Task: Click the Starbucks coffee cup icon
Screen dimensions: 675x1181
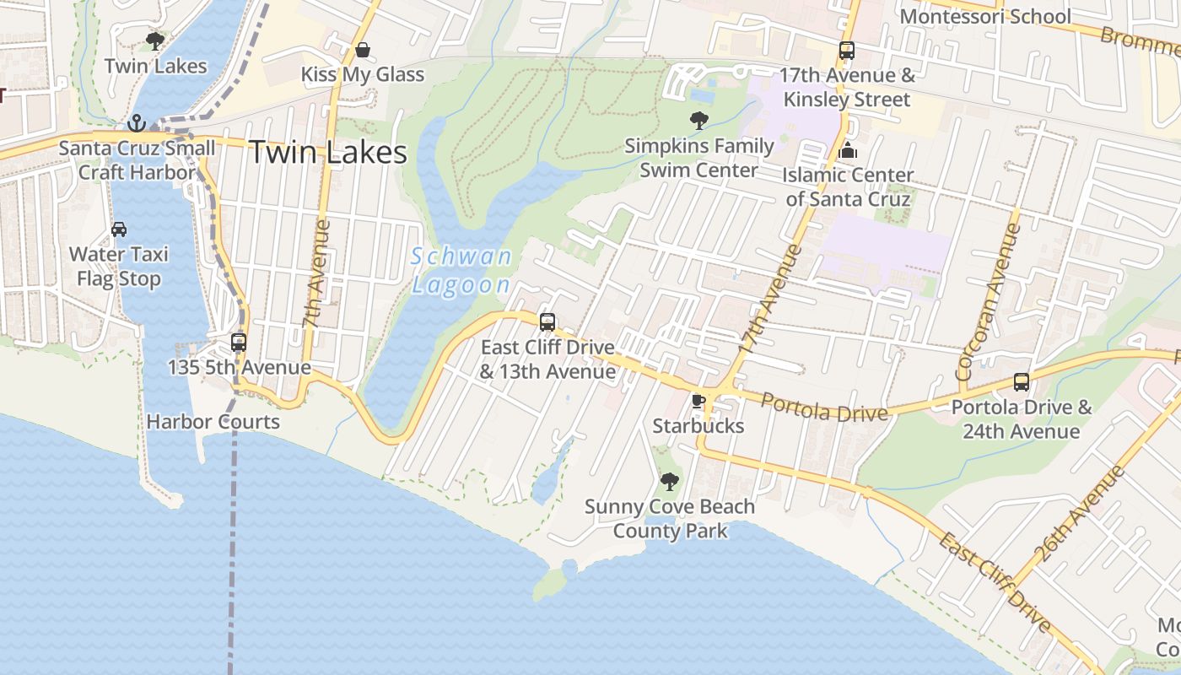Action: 698,401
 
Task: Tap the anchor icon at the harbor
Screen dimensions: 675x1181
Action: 137,124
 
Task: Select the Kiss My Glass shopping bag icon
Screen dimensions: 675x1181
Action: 362,51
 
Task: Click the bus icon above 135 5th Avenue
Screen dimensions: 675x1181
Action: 239,343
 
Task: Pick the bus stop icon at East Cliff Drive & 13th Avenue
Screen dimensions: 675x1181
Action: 547,321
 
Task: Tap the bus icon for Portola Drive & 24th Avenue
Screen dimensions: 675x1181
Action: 1022,382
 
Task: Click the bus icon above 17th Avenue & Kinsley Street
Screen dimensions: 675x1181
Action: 847,51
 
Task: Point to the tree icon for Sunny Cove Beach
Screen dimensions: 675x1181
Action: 669,482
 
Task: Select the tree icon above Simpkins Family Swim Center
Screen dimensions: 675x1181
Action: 698,121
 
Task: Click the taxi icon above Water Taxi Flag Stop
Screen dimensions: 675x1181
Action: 119,229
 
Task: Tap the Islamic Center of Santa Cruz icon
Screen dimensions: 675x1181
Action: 848,151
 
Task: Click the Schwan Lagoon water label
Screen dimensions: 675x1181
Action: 461,270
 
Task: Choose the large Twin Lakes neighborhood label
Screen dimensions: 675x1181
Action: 328,153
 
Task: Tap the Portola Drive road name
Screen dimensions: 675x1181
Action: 824,408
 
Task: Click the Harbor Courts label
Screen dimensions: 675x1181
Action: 213,421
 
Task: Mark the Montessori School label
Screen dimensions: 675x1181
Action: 985,16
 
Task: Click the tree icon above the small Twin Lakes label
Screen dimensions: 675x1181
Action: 155,40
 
